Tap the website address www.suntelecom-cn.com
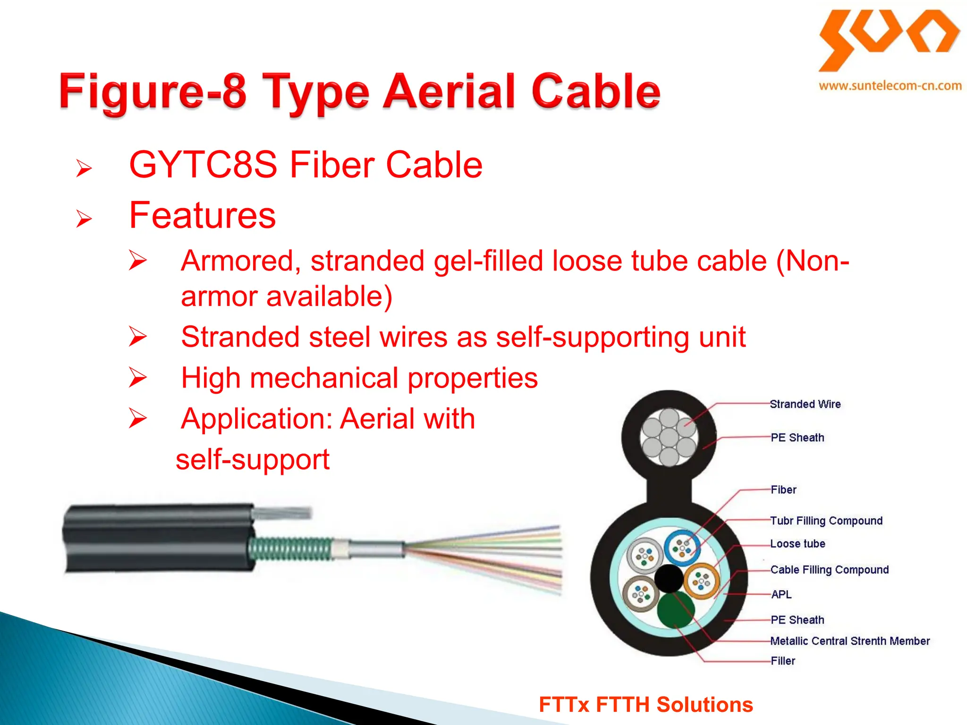pyautogui.click(x=890, y=86)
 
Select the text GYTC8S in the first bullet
pyautogui.click(x=203, y=165)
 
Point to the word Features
pyautogui.click(x=202, y=215)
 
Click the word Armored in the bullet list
pyautogui.click(x=241, y=261)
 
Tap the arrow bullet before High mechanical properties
pyautogui.click(x=137, y=378)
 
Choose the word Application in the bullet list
pyautogui.click(x=257, y=419)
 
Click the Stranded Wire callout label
pyautogui.click(x=805, y=404)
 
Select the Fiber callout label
pyautogui.click(x=783, y=489)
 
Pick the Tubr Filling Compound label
pyautogui.click(x=826, y=521)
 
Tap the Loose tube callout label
pyautogui.click(x=797, y=544)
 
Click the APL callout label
pyautogui.click(x=781, y=594)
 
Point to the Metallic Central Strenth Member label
pyautogui.click(x=850, y=641)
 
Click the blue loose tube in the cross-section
pyautogui.click(x=682, y=548)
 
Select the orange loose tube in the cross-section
pyautogui.click(x=702, y=581)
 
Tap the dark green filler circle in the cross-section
pyautogui.click(x=675, y=610)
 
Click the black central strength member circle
pyautogui.click(x=669, y=579)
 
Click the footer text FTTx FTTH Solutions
pyautogui.click(x=645, y=705)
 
